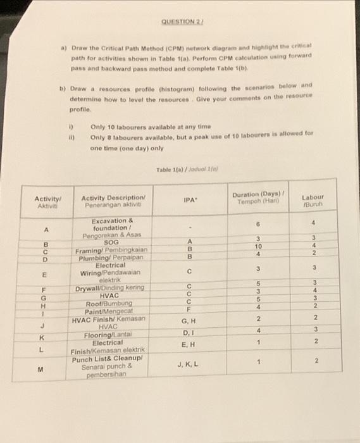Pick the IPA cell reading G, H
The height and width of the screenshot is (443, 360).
pos(188,321)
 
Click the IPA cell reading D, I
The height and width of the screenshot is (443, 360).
pos(188,332)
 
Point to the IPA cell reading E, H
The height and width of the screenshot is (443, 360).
pos(188,343)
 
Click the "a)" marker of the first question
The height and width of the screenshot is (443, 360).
pos(63,47)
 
